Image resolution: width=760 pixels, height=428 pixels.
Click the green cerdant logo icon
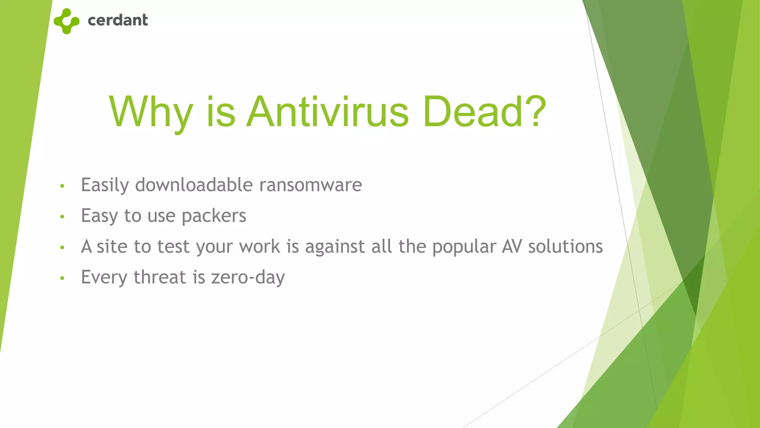pos(66,21)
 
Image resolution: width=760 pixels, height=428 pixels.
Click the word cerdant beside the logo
pos(118,20)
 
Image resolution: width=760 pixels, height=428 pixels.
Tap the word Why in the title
pos(151,111)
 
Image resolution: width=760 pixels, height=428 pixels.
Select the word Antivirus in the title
pos(328,111)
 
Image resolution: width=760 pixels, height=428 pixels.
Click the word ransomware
pos(310,185)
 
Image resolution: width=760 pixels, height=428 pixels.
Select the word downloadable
pos(194,185)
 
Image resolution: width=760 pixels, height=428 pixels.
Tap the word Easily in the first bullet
pos(105,185)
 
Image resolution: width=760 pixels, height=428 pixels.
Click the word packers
pos(214,216)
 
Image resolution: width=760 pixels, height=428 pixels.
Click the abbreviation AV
pos(512,246)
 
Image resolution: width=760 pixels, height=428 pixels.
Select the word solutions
pos(566,246)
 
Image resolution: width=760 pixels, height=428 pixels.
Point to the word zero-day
pos(248,278)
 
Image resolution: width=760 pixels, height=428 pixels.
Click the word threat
pos(160,277)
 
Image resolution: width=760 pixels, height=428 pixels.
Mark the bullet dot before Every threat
pos(62,278)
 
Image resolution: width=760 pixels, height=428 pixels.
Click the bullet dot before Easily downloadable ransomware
pos(62,186)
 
